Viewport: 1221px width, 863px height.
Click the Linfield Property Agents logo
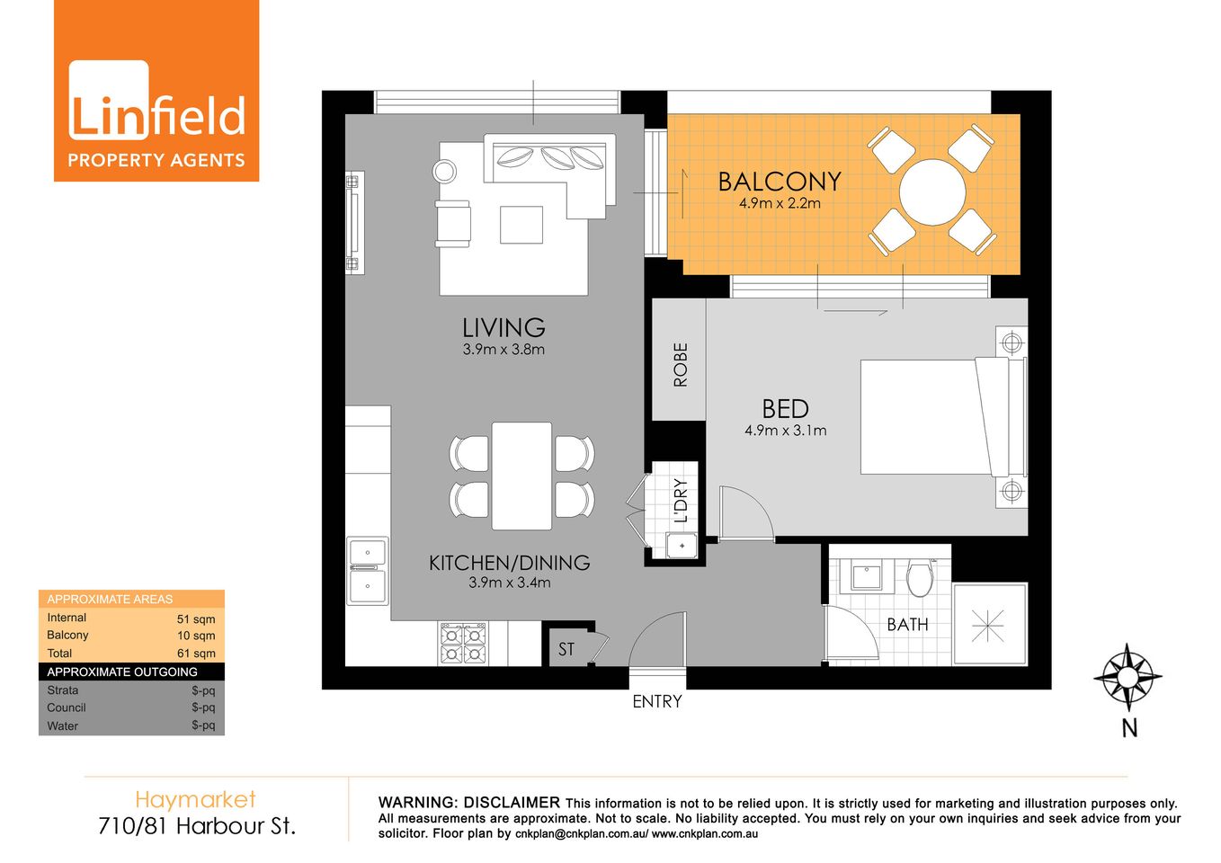point(156,91)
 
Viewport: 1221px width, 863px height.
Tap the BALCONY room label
point(779,182)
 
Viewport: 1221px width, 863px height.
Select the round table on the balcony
point(932,191)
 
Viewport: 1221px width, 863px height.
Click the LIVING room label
point(504,327)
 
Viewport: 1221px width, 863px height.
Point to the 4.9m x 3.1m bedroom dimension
point(785,431)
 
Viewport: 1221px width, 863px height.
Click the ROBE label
point(680,364)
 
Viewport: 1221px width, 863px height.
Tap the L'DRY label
point(681,500)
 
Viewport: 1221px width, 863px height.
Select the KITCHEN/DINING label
point(509,563)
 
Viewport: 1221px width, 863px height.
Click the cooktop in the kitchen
point(463,644)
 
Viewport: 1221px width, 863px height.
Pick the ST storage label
point(566,649)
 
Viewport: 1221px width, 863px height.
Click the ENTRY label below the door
point(657,701)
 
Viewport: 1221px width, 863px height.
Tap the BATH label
point(907,625)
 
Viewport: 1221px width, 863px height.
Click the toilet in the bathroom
point(919,578)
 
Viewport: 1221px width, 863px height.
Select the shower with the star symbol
point(988,625)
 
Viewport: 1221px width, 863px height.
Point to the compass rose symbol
point(1127,677)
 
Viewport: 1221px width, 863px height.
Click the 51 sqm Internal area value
point(196,619)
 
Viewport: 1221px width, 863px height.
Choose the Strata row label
point(63,690)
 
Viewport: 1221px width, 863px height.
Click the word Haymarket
point(195,799)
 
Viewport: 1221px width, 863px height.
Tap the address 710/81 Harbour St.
point(197,825)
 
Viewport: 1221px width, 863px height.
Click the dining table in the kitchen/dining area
point(521,476)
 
